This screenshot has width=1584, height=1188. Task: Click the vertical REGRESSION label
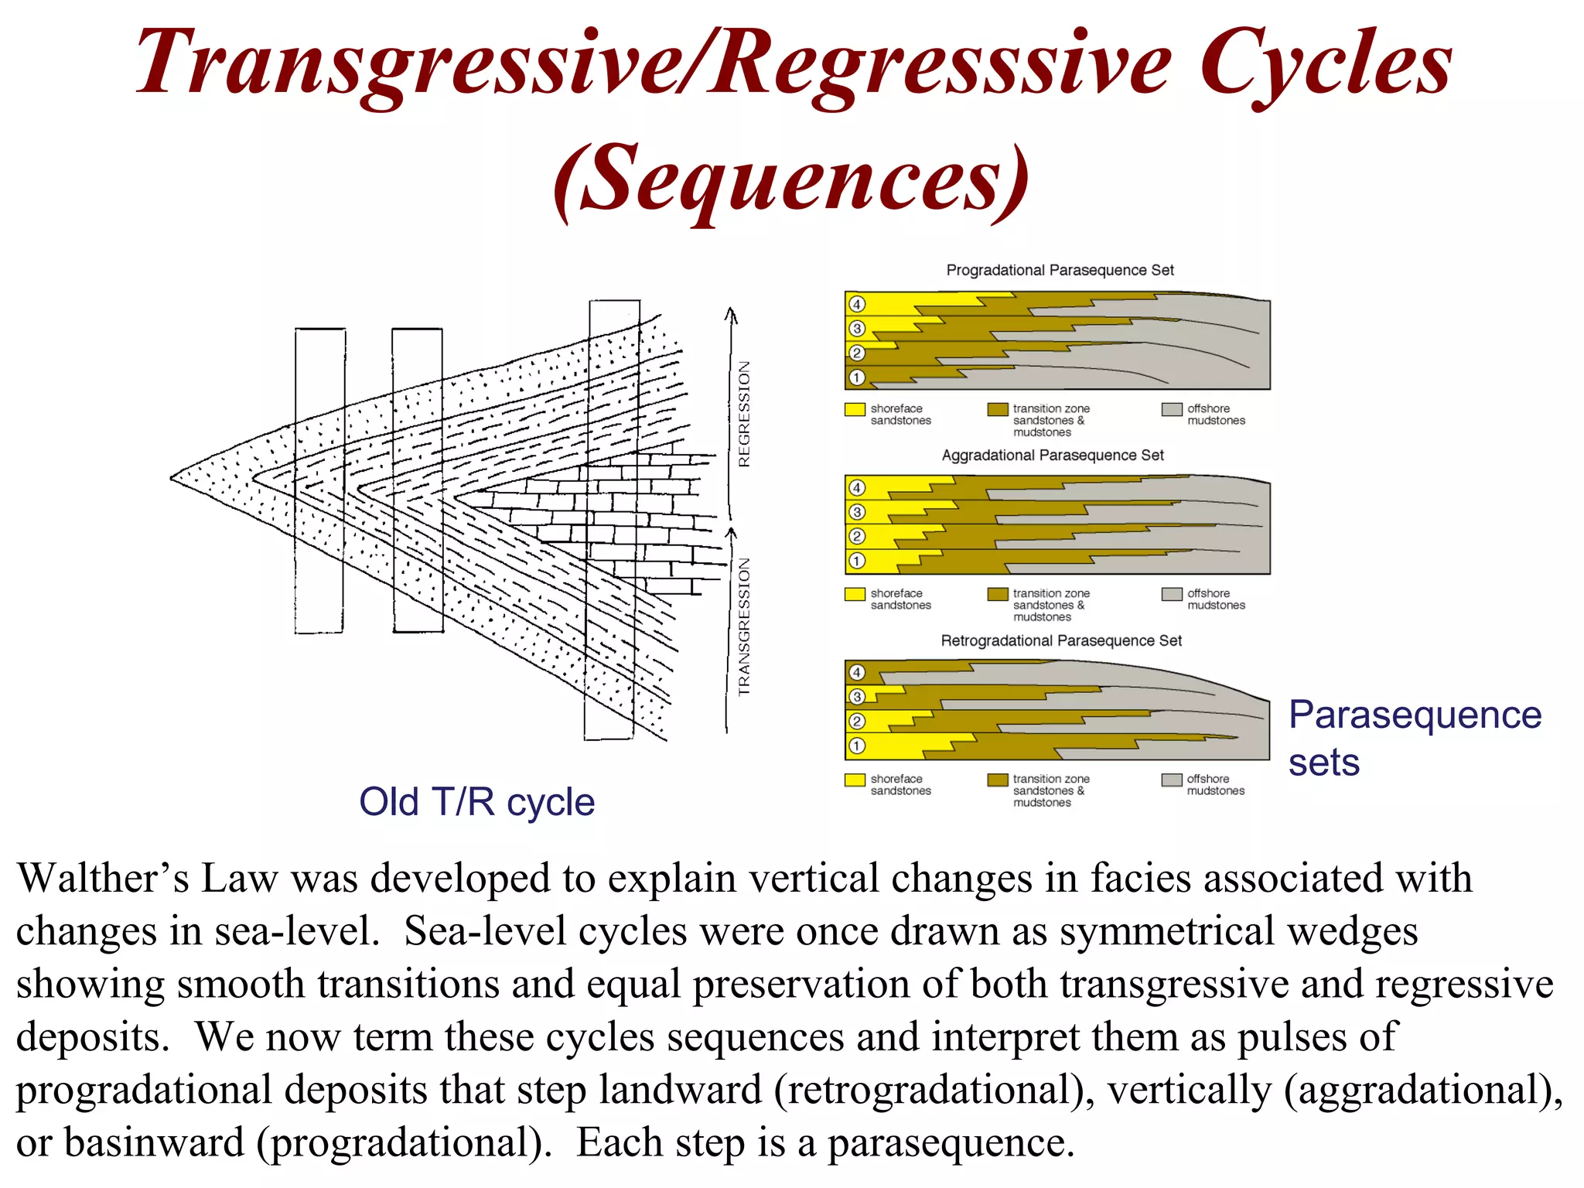(744, 414)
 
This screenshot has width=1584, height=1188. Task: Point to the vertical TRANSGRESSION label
(744, 626)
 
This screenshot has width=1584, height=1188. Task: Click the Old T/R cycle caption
(476, 802)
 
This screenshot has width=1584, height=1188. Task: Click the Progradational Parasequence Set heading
(1060, 270)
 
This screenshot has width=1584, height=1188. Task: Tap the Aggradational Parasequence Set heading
(1052, 456)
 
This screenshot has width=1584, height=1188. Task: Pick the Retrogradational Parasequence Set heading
(1060, 640)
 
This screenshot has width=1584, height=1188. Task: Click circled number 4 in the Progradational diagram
(856, 304)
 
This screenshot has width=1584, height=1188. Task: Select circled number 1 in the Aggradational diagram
(856, 561)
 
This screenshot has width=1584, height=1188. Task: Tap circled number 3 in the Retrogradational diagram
(856, 697)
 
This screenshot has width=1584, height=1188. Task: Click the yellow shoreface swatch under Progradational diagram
(854, 409)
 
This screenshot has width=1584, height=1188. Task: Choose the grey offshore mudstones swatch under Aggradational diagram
(1171, 594)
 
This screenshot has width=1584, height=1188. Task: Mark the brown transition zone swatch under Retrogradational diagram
(997, 780)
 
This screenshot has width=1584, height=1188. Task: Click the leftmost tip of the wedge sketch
(172, 478)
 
